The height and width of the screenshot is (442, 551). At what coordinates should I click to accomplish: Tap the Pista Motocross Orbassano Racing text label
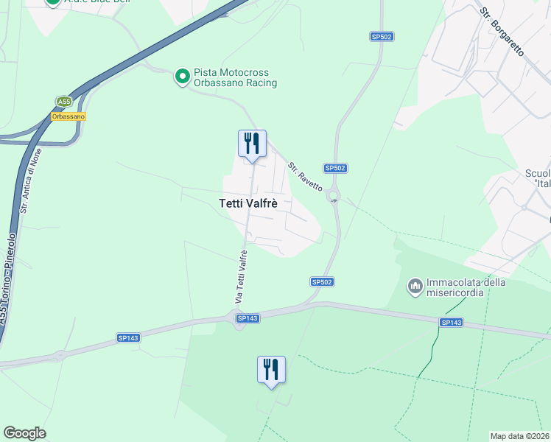(235, 78)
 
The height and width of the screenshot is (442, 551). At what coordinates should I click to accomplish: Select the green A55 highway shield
(64, 102)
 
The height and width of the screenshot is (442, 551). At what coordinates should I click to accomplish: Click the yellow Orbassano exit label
(69, 116)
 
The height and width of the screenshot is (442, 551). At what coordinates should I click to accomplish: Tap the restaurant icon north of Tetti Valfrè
(252, 144)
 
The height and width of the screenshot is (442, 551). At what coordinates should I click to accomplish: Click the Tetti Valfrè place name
(248, 204)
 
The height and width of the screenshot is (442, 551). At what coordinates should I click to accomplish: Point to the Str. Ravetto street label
(305, 178)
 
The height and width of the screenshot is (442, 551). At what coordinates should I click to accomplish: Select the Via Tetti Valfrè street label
(241, 277)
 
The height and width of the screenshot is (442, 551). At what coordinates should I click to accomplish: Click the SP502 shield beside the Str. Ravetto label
(335, 168)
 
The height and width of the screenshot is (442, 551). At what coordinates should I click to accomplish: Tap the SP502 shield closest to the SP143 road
(322, 281)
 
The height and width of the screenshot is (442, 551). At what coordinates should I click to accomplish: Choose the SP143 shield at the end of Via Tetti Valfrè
(247, 318)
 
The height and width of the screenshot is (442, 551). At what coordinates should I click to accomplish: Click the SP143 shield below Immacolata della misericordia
(451, 323)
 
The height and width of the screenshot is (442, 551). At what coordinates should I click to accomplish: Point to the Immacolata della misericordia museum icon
(415, 285)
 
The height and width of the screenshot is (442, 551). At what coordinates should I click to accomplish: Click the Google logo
(24, 433)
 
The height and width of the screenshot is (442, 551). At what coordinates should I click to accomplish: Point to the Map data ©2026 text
(519, 436)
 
